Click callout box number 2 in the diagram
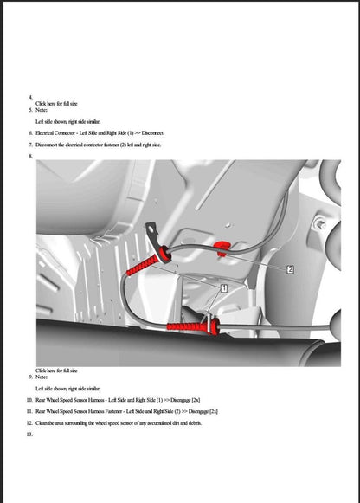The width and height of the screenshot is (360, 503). click(290, 269)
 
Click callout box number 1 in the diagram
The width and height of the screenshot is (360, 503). click(223, 287)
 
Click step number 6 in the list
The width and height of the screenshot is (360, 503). click(30, 133)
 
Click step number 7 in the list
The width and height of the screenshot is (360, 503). click(30, 145)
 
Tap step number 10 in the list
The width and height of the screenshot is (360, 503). click(30, 401)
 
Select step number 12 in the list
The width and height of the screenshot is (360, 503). click(30, 422)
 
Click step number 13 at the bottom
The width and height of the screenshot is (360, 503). click(30, 435)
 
